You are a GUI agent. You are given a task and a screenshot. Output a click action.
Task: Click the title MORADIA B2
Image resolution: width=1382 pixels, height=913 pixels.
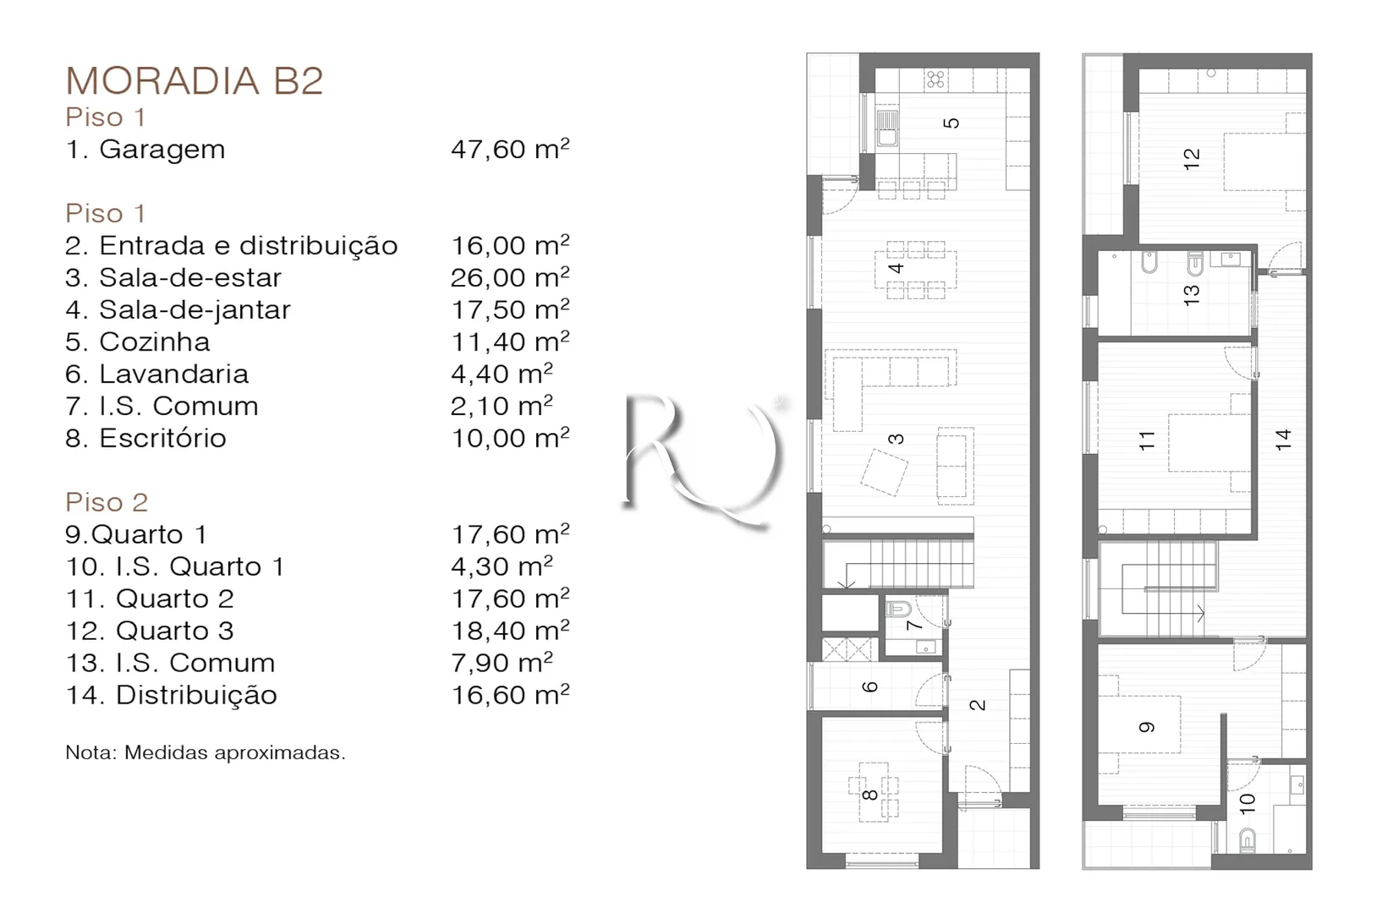[x=195, y=80]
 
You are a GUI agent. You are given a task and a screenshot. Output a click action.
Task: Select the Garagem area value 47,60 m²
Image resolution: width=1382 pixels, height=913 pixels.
[x=510, y=149]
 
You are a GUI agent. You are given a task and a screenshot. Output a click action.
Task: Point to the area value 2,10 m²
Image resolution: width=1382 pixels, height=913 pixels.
[x=502, y=406]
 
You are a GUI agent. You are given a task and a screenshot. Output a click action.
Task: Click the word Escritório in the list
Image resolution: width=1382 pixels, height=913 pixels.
[x=163, y=438]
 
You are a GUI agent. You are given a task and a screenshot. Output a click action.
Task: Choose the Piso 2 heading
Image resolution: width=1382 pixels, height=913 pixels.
[x=107, y=502]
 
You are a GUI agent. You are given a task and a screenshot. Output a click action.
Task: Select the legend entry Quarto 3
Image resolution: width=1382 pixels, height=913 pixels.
[x=175, y=631]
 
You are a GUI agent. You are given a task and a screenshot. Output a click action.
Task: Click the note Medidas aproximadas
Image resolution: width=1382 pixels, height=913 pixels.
[x=235, y=752]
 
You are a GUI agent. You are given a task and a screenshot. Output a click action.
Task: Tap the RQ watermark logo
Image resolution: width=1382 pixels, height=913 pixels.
[x=705, y=459]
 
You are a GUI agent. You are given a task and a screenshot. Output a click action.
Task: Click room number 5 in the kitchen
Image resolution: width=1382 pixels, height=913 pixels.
[x=952, y=123]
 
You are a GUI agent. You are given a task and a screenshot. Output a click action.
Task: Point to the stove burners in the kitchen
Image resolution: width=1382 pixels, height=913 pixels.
[x=935, y=79]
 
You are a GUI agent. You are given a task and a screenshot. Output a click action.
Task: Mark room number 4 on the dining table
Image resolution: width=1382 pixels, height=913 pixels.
[x=897, y=267]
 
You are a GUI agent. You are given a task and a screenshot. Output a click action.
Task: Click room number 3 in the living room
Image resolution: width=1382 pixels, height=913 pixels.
[x=897, y=438]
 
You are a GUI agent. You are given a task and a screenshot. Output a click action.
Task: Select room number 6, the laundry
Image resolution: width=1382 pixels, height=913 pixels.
[x=869, y=686]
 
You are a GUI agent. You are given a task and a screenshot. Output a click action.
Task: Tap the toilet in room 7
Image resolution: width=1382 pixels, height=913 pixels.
[x=898, y=610]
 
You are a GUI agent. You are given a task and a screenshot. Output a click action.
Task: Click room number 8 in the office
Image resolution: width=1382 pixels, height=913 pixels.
[x=869, y=795]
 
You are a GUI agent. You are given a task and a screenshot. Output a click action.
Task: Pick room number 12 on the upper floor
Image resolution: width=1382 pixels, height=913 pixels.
[x=1192, y=159]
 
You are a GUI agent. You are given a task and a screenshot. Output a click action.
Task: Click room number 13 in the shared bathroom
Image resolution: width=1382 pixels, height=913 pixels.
[x=1192, y=295]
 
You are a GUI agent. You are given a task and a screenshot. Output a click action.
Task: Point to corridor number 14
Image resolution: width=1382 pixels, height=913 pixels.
[x=1283, y=440]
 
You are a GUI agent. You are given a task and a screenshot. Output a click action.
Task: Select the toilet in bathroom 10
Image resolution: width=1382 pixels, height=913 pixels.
[x=1248, y=839]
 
